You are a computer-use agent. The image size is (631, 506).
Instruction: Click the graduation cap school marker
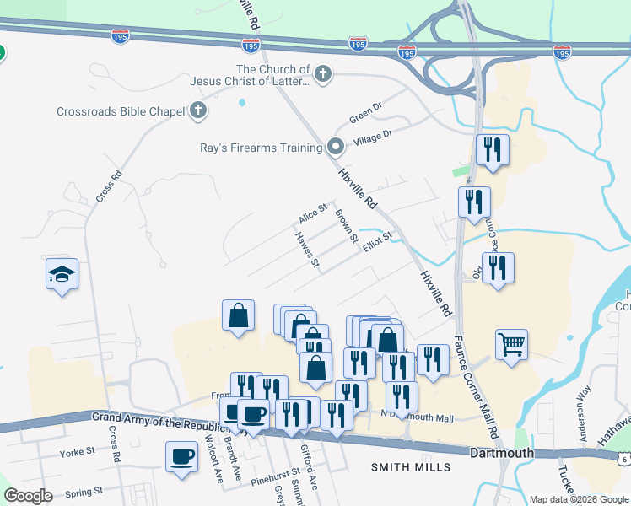(x=62, y=274)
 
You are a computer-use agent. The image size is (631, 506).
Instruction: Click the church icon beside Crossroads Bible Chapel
(x=198, y=110)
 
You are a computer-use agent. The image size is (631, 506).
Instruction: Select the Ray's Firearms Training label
(x=261, y=148)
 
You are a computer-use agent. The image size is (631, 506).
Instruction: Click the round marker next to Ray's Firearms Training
(x=336, y=148)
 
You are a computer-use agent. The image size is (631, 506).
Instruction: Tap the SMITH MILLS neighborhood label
(x=408, y=466)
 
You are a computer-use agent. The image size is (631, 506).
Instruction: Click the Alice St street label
(x=312, y=215)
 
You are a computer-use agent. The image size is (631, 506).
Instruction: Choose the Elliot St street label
(x=378, y=241)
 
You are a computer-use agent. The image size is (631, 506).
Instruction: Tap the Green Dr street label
(x=365, y=111)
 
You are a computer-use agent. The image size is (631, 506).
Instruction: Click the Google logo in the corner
(x=28, y=496)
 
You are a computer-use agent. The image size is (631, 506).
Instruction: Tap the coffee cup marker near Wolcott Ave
(x=181, y=456)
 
